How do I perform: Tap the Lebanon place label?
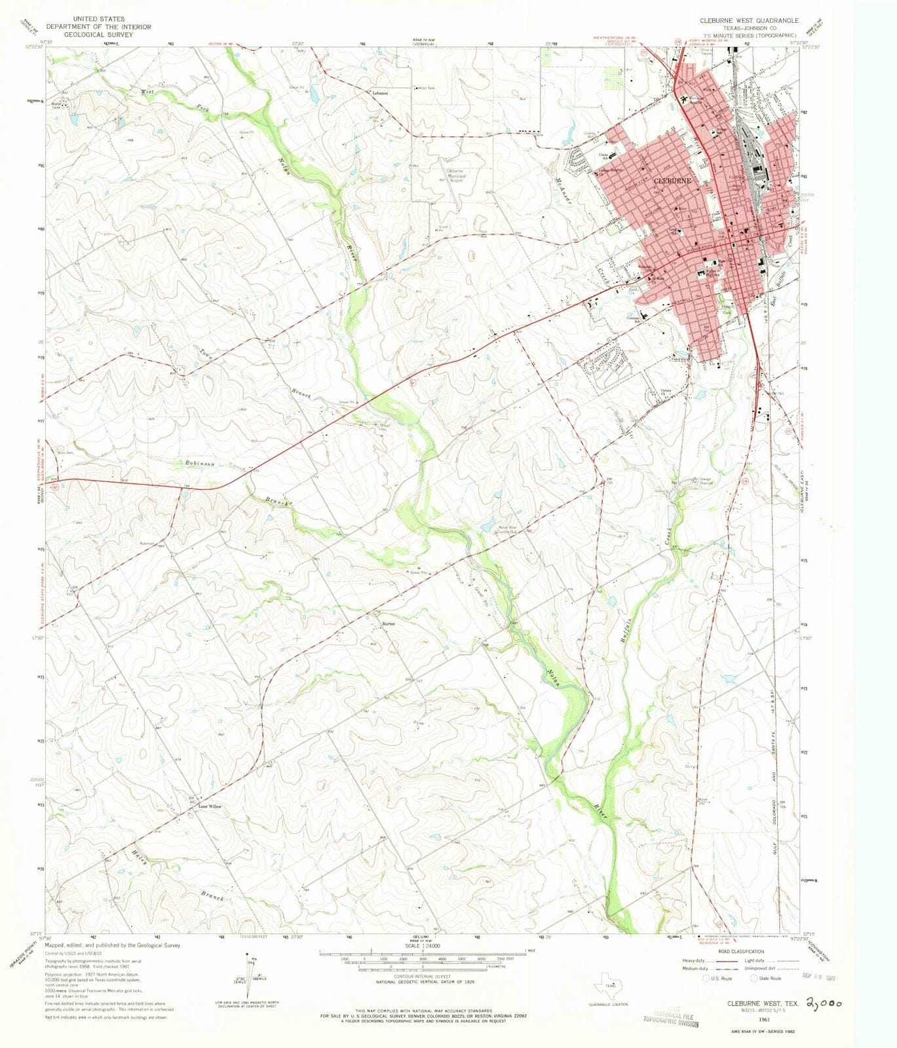click(381, 94)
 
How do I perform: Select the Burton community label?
click(388, 624)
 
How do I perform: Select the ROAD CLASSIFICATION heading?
click(740, 952)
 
